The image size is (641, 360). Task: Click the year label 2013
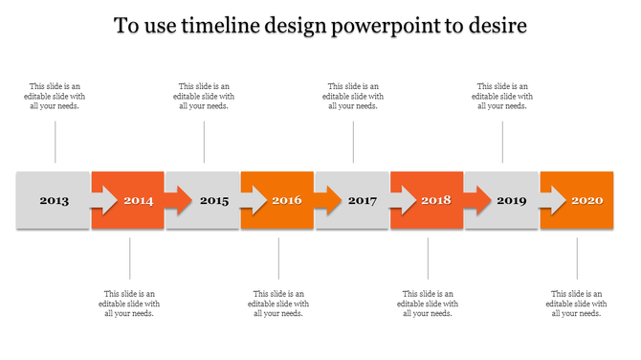54,201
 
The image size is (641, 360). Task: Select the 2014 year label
139,201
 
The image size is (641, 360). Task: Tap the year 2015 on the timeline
214,201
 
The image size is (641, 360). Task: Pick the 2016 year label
287,201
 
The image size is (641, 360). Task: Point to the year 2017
363,201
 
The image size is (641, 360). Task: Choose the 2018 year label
436,201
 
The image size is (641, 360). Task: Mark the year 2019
512,201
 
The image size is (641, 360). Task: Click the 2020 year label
587,201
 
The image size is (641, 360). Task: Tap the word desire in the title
497,26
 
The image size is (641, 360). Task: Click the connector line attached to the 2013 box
55,142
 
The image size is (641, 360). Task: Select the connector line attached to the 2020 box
577,259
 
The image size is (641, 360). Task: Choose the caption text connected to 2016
278,304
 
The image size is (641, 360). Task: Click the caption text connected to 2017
353,96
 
